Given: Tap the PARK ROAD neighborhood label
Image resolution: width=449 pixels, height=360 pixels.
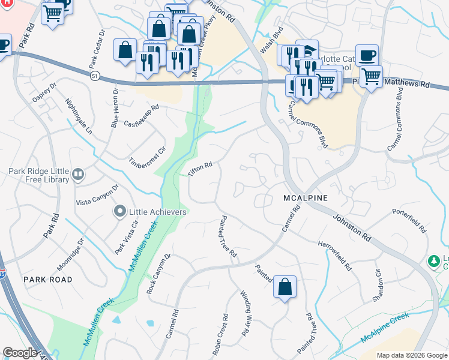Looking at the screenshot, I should point(47,280).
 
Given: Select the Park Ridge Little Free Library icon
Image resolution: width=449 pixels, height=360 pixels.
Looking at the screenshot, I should point(77,175).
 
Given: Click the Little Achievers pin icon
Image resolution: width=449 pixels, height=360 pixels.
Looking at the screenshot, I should point(119,211).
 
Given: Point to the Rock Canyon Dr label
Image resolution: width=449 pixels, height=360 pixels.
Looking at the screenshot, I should point(158,274).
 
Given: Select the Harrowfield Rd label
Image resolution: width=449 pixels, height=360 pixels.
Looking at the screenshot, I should point(335,253).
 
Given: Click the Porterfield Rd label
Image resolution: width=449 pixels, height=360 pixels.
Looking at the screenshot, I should point(409,220).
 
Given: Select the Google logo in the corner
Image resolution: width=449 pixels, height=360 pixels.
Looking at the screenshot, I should point(20,353).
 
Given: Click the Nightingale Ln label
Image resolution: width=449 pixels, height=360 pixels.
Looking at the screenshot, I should point(79,115).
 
